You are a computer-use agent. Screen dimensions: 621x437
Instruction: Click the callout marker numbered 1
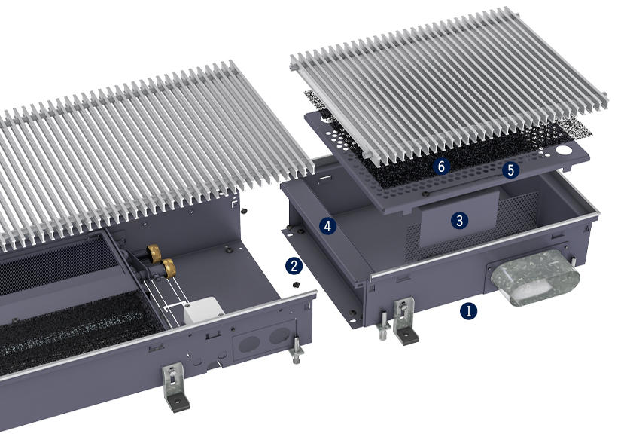click(x=468, y=311)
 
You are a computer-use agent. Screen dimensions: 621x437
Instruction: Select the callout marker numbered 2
click(x=294, y=266)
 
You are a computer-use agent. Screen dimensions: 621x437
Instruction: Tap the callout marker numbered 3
click(x=459, y=221)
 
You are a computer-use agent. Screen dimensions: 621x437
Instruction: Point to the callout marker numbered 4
click(x=327, y=226)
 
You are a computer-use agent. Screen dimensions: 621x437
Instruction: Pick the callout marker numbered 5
click(x=510, y=170)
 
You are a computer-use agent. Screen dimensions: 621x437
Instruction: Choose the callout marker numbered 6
click(x=441, y=167)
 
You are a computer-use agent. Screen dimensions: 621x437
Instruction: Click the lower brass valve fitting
click(x=169, y=267)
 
